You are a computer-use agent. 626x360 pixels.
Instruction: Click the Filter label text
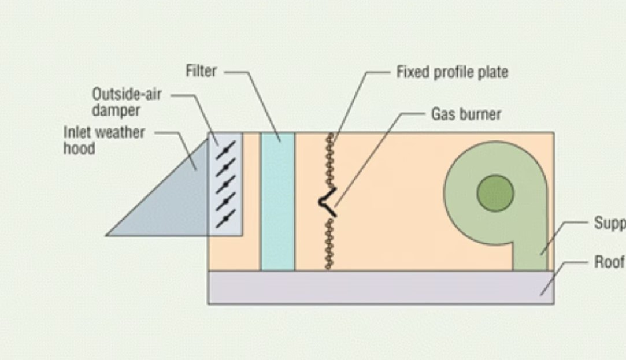(x=201, y=71)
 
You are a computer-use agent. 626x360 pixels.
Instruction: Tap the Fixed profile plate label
(x=452, y=72)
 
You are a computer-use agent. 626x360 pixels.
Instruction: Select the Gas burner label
(x=466, y=114)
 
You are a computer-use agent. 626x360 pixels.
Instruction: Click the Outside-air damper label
(x=127, y=101)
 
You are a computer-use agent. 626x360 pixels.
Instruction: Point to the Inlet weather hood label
(x=104, y=139)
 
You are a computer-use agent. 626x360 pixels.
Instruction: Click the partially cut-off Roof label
(x=609, y=262)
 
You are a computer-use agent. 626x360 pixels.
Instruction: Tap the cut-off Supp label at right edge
(x=609, y=222)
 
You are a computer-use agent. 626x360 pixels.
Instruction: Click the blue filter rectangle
(x=277, y=202)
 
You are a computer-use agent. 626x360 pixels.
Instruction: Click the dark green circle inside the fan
(x=495, y=192)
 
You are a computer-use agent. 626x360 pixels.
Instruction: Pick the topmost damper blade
(x=225, y=150)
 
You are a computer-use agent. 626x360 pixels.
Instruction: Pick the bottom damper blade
(x=225, y=218)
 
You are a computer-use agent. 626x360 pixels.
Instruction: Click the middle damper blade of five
(x=225, y=184)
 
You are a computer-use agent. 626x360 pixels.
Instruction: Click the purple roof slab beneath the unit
(x=376, y=287)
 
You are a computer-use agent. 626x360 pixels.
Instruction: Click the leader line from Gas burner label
(x=376, y=150)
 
